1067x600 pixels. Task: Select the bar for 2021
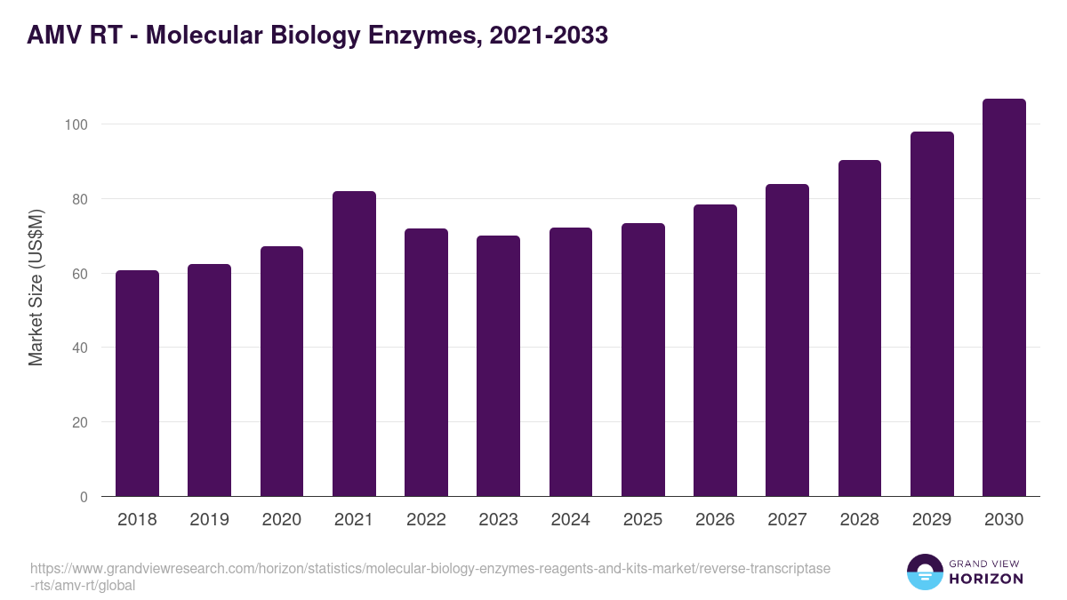pos(354,344)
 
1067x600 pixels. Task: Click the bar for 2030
pos(1004,298)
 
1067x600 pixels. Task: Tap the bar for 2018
pos(137,383)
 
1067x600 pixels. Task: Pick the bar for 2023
pos(498,366)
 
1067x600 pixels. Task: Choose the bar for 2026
pos(715,350)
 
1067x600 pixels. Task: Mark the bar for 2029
pos(932,314)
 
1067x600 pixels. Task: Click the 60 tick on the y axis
pos(79,274)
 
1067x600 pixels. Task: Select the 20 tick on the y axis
pos(79,422)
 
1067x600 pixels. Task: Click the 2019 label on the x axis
pos(209,520)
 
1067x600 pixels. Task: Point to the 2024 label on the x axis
pos(570,520)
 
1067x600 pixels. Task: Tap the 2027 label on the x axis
pos(787,520)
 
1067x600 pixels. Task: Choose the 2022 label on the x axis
pos(426,520)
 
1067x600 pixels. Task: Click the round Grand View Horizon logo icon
pos(925,572)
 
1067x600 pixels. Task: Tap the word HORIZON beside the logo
pos(987,579)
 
